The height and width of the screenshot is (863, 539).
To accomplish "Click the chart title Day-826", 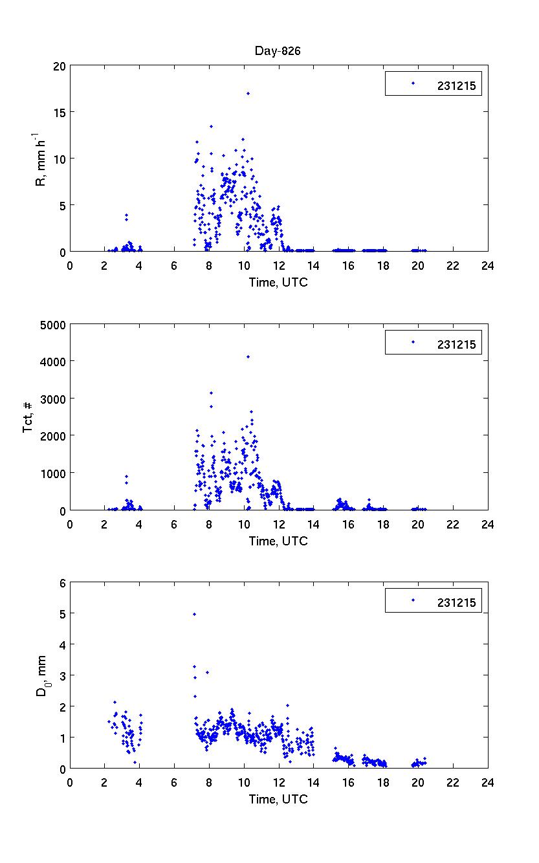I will click(x=279, y=52).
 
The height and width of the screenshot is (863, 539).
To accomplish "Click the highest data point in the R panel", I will click(x=248, y=93).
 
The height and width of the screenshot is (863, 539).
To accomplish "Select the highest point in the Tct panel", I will click(x=248, y=356).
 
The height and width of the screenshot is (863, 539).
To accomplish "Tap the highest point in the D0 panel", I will click(x=194, y=614).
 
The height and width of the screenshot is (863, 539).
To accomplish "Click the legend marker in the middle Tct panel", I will click(x=413, y=342).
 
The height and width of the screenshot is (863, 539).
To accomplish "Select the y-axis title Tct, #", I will click(x=28, y=417).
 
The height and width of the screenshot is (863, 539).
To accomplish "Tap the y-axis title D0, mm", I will click(x=41, y=675).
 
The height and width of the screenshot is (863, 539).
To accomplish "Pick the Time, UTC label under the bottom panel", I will click(x=279, y=800).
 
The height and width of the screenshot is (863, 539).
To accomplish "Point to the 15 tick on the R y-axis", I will click(x=58, y=112).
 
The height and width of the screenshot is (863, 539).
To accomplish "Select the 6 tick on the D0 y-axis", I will click(x=62, y=583).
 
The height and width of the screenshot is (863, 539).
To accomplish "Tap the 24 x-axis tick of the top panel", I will click(x=488, y=265).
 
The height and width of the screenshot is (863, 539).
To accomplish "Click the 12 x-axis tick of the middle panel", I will click(x=279, y=525).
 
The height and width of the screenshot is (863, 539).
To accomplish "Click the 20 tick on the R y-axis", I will click(x=58, y=65).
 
